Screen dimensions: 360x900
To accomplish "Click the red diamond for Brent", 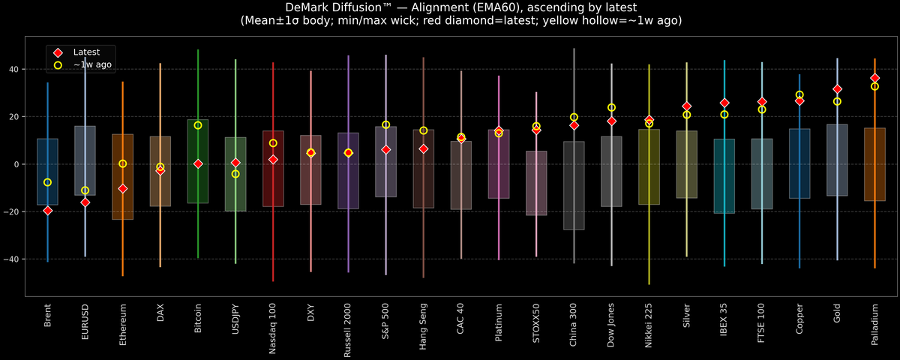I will pyautogui.click(x=47, y=211).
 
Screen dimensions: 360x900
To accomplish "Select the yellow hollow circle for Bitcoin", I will pyautogui.click(x=198, y=125).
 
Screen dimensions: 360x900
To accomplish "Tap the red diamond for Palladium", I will pyautogui.click(x=874, y=78).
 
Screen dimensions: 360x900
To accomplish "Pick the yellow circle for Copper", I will pyautogui.click(x=799, y=95).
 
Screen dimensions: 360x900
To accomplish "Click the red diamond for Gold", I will pyautogui.click(x=837, y=89).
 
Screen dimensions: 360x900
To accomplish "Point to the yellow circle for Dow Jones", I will pyautogui.click(x=611, y=108).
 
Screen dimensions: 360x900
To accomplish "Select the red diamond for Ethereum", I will pyautogui.click(x=122, y=189).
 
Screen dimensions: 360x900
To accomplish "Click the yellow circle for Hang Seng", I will pyautogui.click(x=423, y=130).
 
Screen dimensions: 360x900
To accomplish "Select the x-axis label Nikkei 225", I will pyautogui.click(x=649, y=326).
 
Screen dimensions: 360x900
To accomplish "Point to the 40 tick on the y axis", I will pyautogui.click(x=14, y=69).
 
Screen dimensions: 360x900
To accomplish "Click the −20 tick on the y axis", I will pyautogui.click(x=12, y=211).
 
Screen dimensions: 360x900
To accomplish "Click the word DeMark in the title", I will pyautogui.click(x=310, y=7).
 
